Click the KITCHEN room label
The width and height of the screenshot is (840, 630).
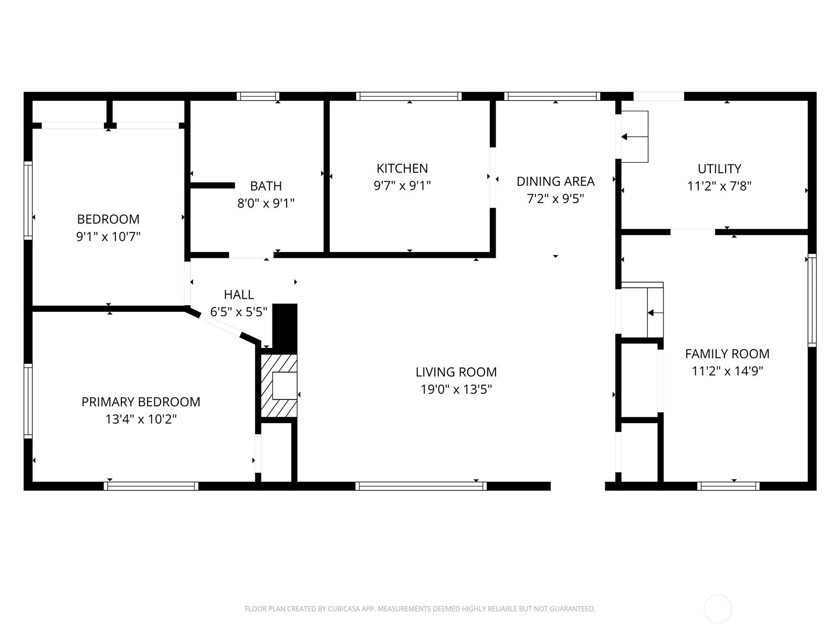click(402, 169)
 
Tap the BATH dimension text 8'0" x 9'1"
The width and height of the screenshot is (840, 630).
click(266, 203)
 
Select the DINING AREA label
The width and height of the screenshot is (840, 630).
click(555, 181)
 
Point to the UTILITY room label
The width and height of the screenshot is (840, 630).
click(719, 169)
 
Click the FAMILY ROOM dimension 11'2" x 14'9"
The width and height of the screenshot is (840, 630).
click(727, 371)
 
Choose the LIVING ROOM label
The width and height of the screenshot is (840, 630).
click(456, 372)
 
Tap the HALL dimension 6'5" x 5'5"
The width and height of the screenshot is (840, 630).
click(238, 312)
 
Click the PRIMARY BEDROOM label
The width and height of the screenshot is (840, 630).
click(141, 402)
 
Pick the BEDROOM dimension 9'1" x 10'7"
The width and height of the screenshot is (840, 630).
click(108, 237)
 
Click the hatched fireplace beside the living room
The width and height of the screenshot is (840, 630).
click(279, 385)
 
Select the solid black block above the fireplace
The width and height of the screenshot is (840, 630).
click(285, 329)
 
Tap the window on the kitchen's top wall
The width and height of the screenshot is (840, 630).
click(408, 96)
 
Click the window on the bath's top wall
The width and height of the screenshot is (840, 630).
click(258, 96)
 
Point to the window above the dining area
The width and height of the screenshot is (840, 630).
click(552, 96)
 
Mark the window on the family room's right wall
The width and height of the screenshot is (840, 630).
click(812, 300)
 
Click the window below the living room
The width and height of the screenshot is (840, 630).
click(421, 486)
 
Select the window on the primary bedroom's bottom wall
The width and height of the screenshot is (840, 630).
click(151, 486)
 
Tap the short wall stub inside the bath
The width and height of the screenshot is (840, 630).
click(213, 185)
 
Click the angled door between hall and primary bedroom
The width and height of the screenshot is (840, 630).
click(220, 326)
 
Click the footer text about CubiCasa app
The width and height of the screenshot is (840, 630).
click(420, 608)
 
